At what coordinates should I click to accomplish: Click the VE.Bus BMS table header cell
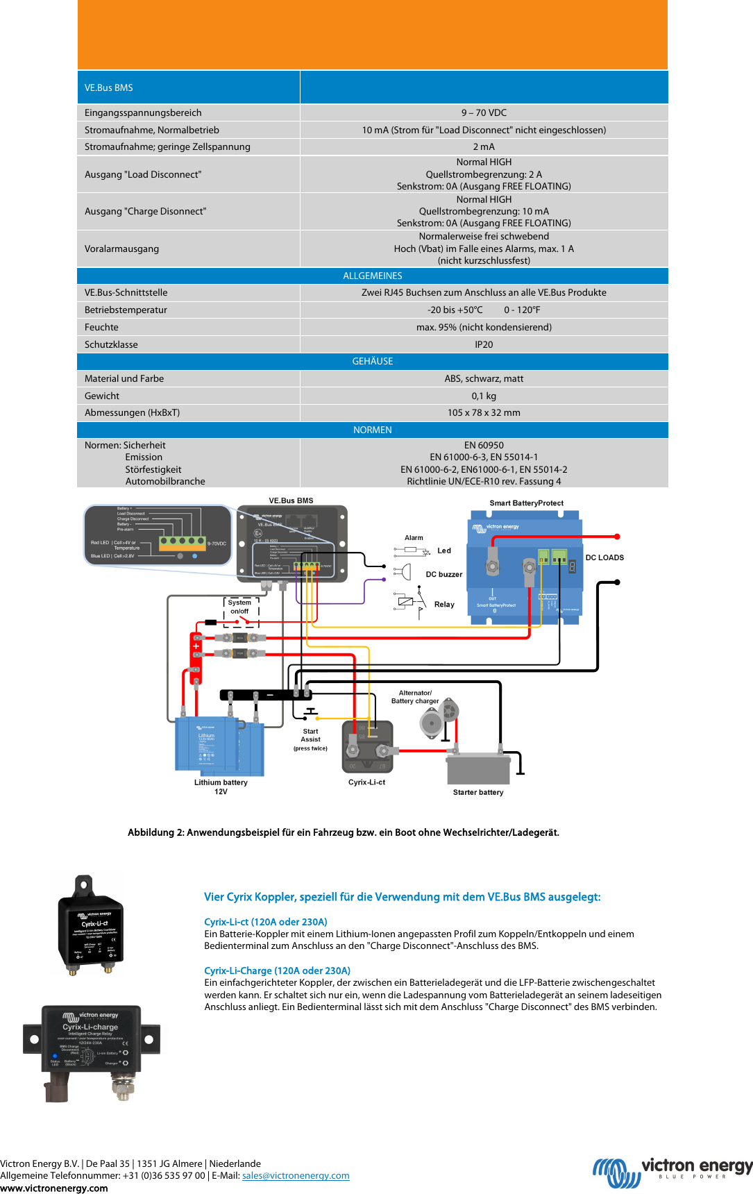[188, 87]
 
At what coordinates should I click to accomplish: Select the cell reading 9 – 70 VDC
[484, 112]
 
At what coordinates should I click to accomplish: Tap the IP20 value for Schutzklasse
[484, 344]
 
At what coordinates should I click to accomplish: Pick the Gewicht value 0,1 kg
[484, 396]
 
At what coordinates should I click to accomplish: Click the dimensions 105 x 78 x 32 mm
[484, 412]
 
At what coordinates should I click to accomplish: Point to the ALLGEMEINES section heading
[373, 276]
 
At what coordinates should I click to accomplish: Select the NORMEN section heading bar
[373, 430]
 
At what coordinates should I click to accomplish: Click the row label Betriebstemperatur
[126, 310]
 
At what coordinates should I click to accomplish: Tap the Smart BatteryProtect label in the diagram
[526, 503]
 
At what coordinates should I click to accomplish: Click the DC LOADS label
[604, 557]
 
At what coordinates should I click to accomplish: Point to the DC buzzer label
[443, 574]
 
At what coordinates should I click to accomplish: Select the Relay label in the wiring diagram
[444, 605]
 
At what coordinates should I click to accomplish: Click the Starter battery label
[478, 792]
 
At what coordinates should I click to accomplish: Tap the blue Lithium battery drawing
[218, 746]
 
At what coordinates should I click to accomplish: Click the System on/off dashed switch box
[241, 611]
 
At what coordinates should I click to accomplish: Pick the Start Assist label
[310, 735]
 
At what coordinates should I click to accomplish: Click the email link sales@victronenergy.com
[296, 1175]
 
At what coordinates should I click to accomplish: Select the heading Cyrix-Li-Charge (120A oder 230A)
[277, 970]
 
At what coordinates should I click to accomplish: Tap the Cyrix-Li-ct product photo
[89, 925]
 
